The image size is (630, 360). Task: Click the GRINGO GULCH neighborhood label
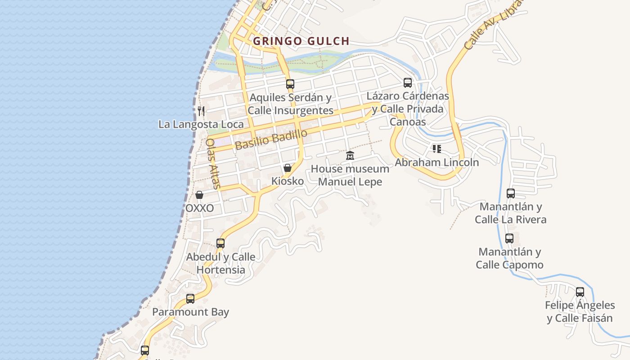[301, 41]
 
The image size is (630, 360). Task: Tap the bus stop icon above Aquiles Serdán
[290, 84]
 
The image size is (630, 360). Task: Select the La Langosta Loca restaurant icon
[201, 111]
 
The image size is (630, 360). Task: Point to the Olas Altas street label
[213, 163]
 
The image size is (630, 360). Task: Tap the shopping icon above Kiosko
[288, 168]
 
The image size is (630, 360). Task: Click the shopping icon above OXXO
[199, 195]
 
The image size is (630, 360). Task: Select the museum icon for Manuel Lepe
[350, 156]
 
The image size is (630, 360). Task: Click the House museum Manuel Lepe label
[350, 175]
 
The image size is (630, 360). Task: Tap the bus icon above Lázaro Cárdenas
[408, 83]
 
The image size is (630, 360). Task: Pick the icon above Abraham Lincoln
[436, 148]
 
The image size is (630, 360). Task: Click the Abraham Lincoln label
[436, 162]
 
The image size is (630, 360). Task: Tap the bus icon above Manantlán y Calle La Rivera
[511, 193]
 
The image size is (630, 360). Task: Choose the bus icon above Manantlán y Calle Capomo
[509, 238]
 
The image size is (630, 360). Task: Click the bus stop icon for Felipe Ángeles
[580, 292]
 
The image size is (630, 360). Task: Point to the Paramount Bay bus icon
[190, 299]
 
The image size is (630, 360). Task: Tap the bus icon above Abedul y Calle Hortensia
[220, 243]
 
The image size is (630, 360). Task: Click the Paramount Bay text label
[190, 312]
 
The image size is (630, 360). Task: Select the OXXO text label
[199, 208]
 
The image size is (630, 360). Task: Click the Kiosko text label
[288, 181]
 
